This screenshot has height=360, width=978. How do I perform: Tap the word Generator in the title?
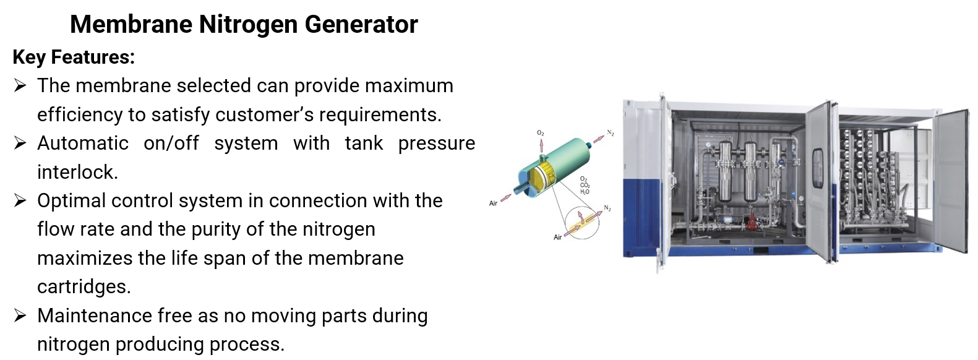[x=361, y=24]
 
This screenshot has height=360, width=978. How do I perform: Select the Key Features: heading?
[x=74, y=57]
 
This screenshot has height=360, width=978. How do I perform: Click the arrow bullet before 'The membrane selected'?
[x=20, y=85]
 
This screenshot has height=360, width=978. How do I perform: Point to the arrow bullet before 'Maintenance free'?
[x=20, y=315]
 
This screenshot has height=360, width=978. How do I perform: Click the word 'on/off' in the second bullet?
[x=171, y=143]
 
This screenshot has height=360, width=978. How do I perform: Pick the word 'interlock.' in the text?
[x=78, y=172]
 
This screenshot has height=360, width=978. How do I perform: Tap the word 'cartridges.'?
[x=84, y=287]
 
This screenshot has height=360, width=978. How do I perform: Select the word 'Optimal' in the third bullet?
[x=71, y=201]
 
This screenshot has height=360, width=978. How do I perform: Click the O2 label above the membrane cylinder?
[x=541, y=132]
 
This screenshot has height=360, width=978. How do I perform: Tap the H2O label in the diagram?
[x=585, y=192]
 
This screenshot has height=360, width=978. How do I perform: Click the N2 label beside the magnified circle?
[x=607, y=208]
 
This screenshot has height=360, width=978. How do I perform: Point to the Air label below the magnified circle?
[x=557, y=238]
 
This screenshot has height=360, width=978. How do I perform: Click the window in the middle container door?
[x=817, y=168]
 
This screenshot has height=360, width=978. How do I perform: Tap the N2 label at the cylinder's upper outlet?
[x=611, y=132]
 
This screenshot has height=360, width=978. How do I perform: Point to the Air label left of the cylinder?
[x=494, y=204]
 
